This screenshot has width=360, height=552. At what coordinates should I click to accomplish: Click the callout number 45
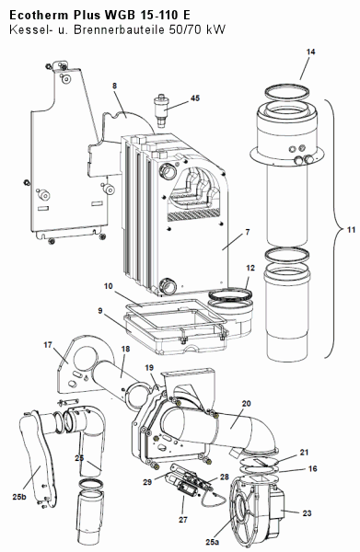coord(195,98)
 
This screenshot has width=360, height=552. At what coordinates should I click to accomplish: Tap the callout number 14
coord(310,52)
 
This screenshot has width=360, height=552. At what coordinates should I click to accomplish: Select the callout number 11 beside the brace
coord(351,230)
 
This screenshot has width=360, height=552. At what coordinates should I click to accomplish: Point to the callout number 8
coord(115,86)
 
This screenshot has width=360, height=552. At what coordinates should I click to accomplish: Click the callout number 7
coord(248,232)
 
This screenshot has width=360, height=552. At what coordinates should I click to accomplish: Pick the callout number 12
coord(250,268)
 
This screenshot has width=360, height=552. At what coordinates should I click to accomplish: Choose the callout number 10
coord(108,286)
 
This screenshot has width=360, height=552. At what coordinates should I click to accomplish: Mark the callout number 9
coord(100,311)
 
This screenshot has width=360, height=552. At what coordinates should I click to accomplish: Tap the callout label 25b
coord(18,497)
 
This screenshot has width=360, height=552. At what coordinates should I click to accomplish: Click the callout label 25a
coord(212,542)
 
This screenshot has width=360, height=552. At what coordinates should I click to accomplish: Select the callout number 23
coord(307,513)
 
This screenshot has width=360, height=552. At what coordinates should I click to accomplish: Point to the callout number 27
coord(183,519)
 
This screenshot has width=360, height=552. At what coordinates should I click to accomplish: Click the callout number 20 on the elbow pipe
coord(246,403)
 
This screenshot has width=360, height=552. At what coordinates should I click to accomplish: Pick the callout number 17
coord(48,345)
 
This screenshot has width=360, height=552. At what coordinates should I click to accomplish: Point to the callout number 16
coord(312,468)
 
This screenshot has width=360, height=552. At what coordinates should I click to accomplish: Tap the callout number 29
coord(147,481)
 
